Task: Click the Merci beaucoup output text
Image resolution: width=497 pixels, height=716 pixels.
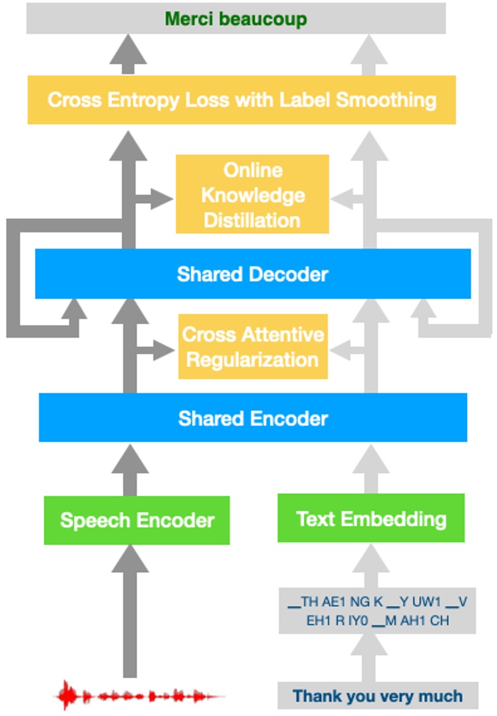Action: pyautogui.click(x=236, y=19)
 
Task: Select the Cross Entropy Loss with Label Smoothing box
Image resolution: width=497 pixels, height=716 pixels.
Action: pyautogui.click(x=242, y=100)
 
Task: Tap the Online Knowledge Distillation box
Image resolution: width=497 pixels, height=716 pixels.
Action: pyautogui.click(x=252, y=195)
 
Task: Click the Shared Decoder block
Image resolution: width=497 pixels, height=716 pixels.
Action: pyautogui.click(x=253, y=274)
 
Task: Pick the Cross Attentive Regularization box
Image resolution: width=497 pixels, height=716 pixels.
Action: pyautogui.click(x=253, y=346)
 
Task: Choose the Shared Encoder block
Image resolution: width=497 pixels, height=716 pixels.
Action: pyautogui.click(x=253, y=418)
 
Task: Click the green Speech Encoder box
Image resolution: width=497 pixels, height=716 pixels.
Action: pyautogui.click(x=137, y=520)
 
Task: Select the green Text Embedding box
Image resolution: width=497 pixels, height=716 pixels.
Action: pyautogui.click(x=371, y=518)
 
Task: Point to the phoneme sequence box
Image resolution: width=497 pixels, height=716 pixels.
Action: pyautogui.click(x=377, y=611)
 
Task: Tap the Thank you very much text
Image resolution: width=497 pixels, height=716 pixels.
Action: pyautogui.click(x=378, y=696)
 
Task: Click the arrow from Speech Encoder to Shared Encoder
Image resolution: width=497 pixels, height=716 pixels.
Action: pyautogui.click(x=130, y=470)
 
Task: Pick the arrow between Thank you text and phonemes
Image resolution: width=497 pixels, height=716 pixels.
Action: pyautogui.click(x=371, y=657)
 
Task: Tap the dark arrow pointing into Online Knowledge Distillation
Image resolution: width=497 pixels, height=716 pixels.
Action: pyautogui.click(x=156, y=198)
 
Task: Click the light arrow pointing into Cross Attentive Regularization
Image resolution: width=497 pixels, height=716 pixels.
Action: pyautogui.click(x=345, y=351)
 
